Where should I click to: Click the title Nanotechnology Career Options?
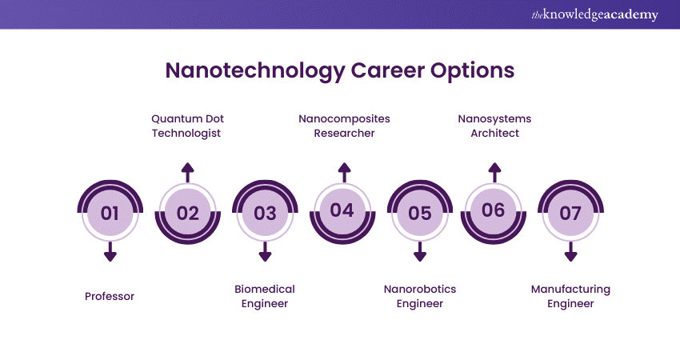(339, 70)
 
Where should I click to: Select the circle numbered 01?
(110, 213)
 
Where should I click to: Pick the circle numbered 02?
(187, 213)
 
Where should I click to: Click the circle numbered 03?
(265, 213)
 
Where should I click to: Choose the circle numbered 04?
(342, 210)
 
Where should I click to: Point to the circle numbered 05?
(419, 213)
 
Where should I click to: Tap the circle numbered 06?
(494, 210)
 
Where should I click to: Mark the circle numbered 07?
(570, 213)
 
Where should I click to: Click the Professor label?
(110, 296)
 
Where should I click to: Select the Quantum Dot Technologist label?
(186, 126)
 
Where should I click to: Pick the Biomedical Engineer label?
(265, 296)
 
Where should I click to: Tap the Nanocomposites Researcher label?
(344, 126)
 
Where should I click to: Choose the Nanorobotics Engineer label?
(420, 296)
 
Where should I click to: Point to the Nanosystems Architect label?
(494, 126)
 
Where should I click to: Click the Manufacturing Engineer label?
(570, 296)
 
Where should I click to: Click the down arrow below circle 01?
(110, 253)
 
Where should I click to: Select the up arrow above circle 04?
(344, 171)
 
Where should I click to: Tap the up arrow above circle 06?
(494, 171)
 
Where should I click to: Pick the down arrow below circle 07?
(570, 253)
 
